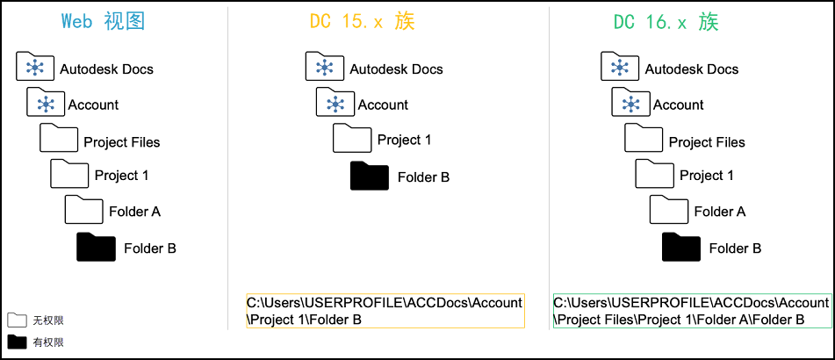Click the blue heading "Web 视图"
click(104, 22)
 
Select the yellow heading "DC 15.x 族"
click(362, 22)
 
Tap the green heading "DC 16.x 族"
click(666, 22)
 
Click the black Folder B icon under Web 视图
click(96, 247)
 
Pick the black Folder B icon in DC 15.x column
click(370, 176)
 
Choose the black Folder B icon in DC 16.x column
click(681, 247)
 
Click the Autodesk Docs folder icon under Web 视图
click(35, 66)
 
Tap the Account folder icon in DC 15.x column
click(335, 102)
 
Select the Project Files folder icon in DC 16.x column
click(644, 138)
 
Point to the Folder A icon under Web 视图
click(84, 209)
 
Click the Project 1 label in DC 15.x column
click(404, 140)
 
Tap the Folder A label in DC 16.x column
click(720, 212)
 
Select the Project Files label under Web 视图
click(122, 142)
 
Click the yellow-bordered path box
click(385, 311)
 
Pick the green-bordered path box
click(692, 311)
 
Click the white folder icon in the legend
click(17, 320)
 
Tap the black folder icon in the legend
click(17, 342)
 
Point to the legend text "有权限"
click(48, 342)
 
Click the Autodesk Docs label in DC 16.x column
click(692, 69)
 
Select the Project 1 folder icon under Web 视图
click(69, 173)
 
